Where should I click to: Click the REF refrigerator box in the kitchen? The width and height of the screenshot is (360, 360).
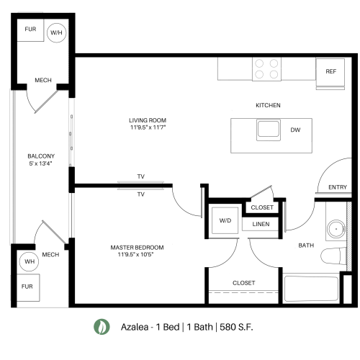[330, 71]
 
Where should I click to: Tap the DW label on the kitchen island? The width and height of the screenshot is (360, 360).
[295, 130]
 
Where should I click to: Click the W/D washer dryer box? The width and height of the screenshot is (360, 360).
[225, 221]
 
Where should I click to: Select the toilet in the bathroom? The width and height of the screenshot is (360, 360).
[333, 257]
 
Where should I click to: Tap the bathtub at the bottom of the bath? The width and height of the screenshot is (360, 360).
[310, 289]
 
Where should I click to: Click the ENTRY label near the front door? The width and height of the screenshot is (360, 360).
[337, 187]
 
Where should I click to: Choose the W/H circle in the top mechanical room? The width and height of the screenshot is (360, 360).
[55, 32]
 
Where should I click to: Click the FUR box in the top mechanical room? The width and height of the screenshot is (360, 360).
[30, 30]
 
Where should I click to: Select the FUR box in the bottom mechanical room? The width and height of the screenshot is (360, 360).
[27, 287]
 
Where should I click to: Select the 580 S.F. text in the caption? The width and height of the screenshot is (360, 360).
[235, 327]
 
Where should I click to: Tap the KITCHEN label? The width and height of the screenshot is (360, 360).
[268, 105]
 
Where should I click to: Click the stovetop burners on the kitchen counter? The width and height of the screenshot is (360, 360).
[266, 69]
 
